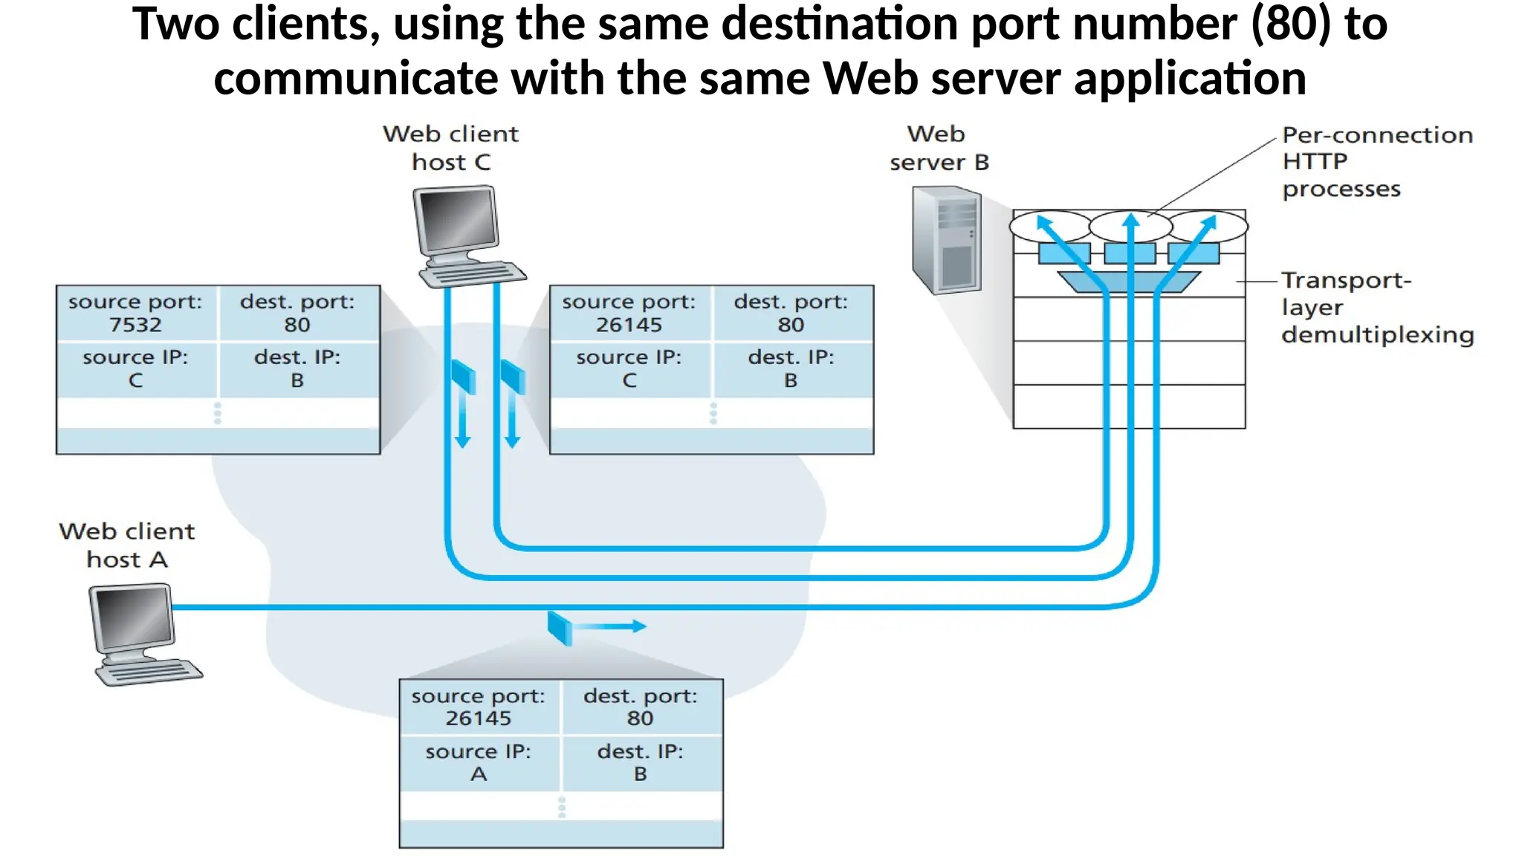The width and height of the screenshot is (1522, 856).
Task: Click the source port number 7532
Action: pos(135,325)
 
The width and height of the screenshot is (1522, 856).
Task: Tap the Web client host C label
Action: pos(450,148)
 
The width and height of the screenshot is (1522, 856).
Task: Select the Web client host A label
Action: pos(127,545)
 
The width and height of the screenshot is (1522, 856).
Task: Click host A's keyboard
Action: pos(149,672)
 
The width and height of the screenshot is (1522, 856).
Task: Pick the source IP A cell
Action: pos(479,763)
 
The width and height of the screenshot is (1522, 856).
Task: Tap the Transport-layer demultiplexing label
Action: pos(1376,308)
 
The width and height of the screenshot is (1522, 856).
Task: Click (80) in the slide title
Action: pos(1292,24)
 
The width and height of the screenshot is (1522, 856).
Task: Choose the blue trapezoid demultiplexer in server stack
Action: pos(1129,282)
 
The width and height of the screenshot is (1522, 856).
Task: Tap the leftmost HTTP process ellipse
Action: pos(1049,226)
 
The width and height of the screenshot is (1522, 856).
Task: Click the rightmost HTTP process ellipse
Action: pos(1208,226)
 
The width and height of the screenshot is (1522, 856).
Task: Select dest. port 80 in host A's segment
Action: pos(640,707)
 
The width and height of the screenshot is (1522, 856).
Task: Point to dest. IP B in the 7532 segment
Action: pos(297,369)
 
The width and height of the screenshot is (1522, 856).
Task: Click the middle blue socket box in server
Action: pos(1130,253)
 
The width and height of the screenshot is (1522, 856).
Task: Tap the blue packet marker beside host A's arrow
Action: pos(560,629)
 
